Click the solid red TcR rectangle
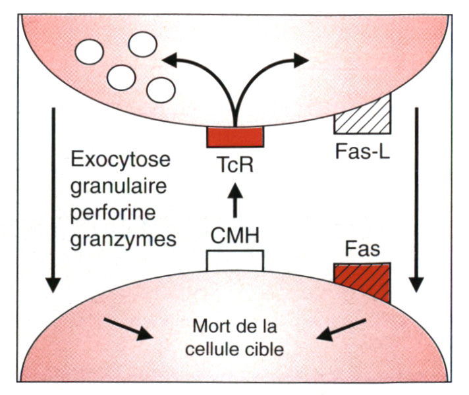pos(235,137)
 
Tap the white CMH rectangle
pos(234,261)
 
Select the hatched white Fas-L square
pos(362,113)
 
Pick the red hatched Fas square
pos(362,280)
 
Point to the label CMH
pos(234,234)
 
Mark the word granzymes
pos(122,238)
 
